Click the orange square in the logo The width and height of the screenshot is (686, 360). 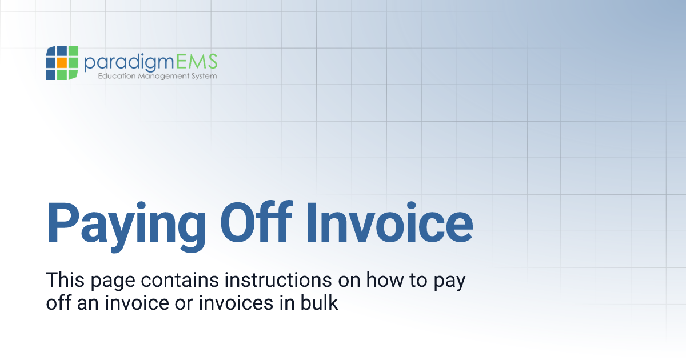coord(62,62)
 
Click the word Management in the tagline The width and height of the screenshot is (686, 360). coord(164,76)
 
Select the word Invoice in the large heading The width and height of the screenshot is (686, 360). coord(389,221)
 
